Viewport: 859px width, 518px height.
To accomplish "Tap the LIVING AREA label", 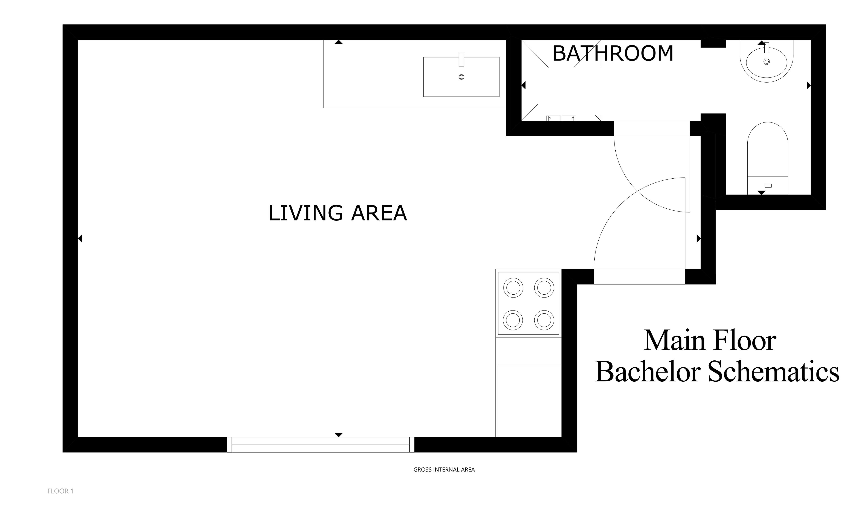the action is click(338, 213).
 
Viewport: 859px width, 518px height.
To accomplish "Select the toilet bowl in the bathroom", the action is click(768, 149).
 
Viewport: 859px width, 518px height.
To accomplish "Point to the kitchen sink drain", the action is click(461, 77).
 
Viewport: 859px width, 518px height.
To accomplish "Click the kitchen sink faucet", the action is click(461, 60).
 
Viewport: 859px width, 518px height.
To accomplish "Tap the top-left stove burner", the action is click(513, 288).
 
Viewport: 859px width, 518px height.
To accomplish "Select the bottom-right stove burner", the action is click(544, 320).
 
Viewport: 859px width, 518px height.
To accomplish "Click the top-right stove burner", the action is click(544, 288).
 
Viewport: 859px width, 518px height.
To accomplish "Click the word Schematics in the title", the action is click(773, 372).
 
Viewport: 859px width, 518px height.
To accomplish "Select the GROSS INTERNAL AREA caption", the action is click(444, 469).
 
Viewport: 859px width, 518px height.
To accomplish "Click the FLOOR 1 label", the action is click(61, 491).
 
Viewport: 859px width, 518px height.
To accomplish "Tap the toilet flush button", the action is click(768, 186).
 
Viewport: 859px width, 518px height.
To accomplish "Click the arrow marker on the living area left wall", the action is click(80, 239).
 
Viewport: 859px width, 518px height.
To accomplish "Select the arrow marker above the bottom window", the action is click(338, 435).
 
